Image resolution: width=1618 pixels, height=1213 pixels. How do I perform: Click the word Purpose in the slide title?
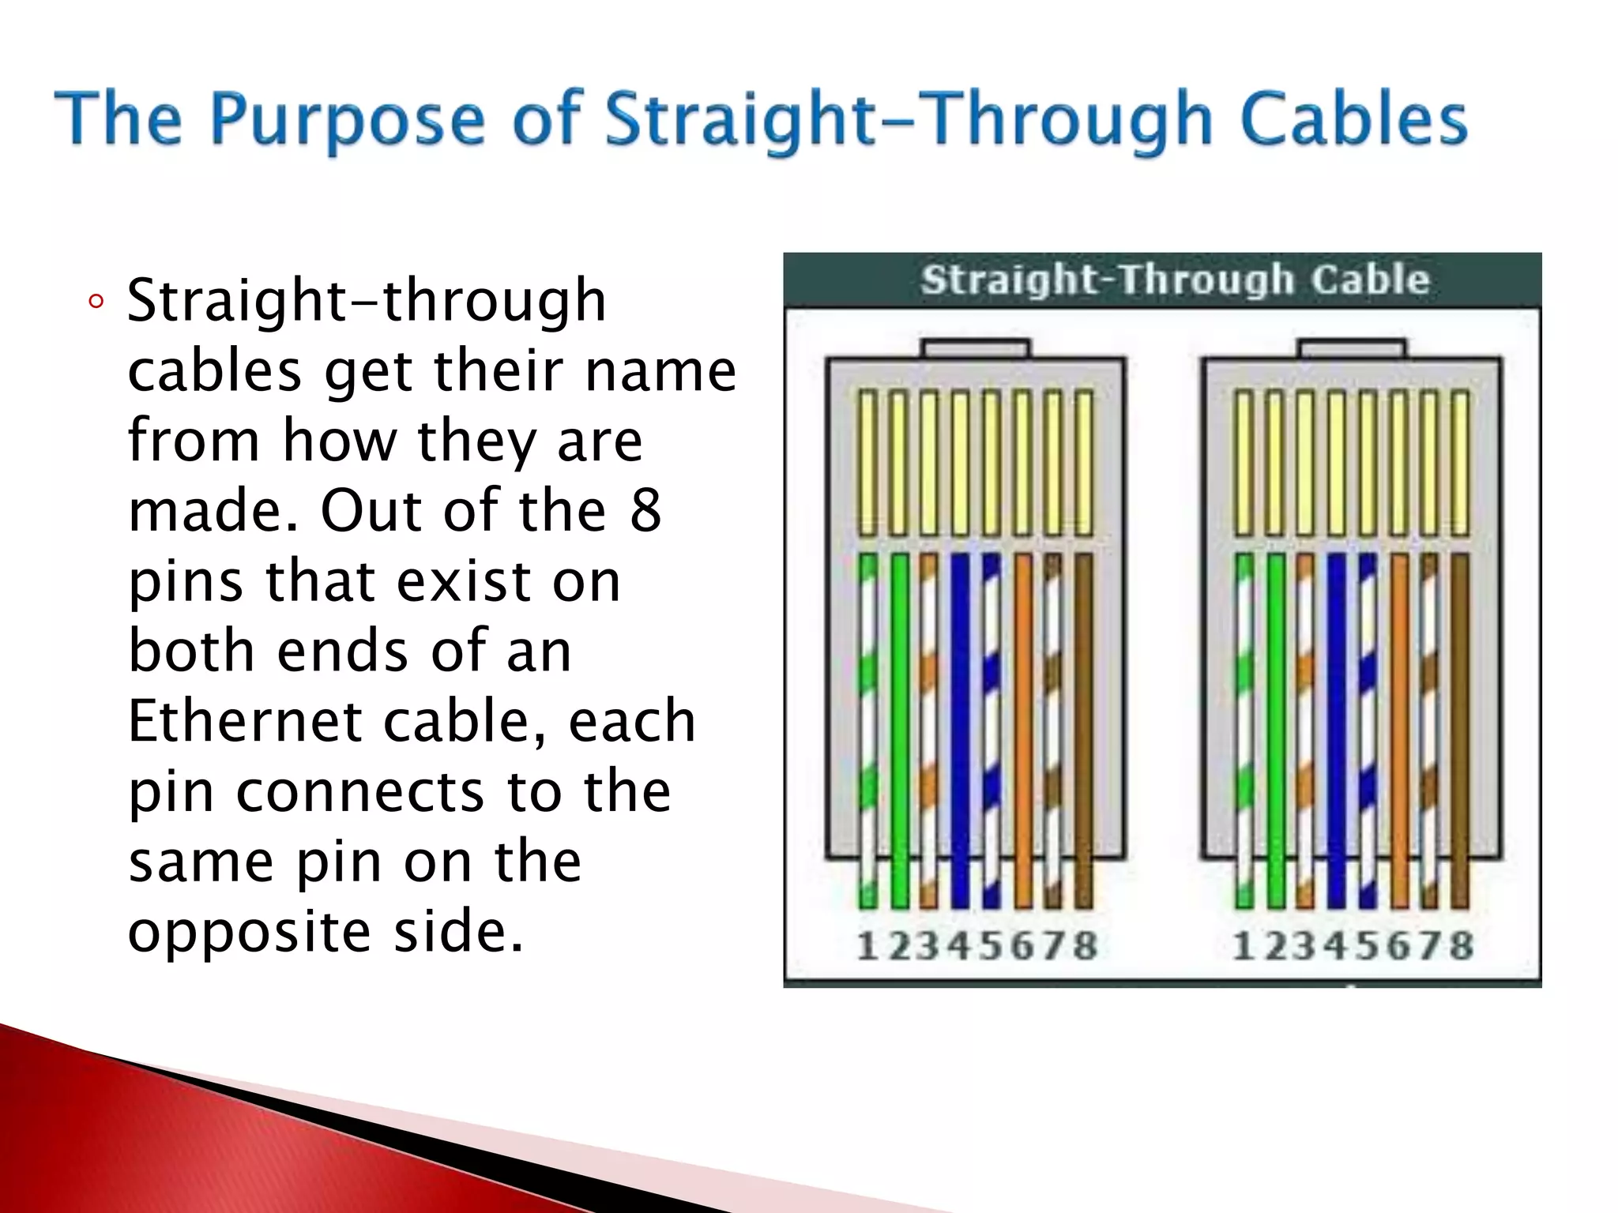[347, 121]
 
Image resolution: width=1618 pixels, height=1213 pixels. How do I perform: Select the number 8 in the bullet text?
[645, 511]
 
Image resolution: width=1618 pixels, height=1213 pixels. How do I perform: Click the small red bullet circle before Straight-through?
[96, 302]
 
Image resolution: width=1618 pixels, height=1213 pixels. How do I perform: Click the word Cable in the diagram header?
[1370, 280]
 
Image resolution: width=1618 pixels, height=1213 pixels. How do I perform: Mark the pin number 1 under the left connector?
[867, 946]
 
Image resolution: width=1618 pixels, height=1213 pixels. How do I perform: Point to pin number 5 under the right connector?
[1368, 946]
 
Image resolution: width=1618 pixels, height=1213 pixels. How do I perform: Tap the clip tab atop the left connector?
[976, 348]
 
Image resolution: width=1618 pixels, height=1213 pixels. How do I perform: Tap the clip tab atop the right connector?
[1352, 348]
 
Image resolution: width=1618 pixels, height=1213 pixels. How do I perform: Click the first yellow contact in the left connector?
[867, 462]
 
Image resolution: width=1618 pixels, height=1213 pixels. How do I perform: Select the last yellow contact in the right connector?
[1460, 462]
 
